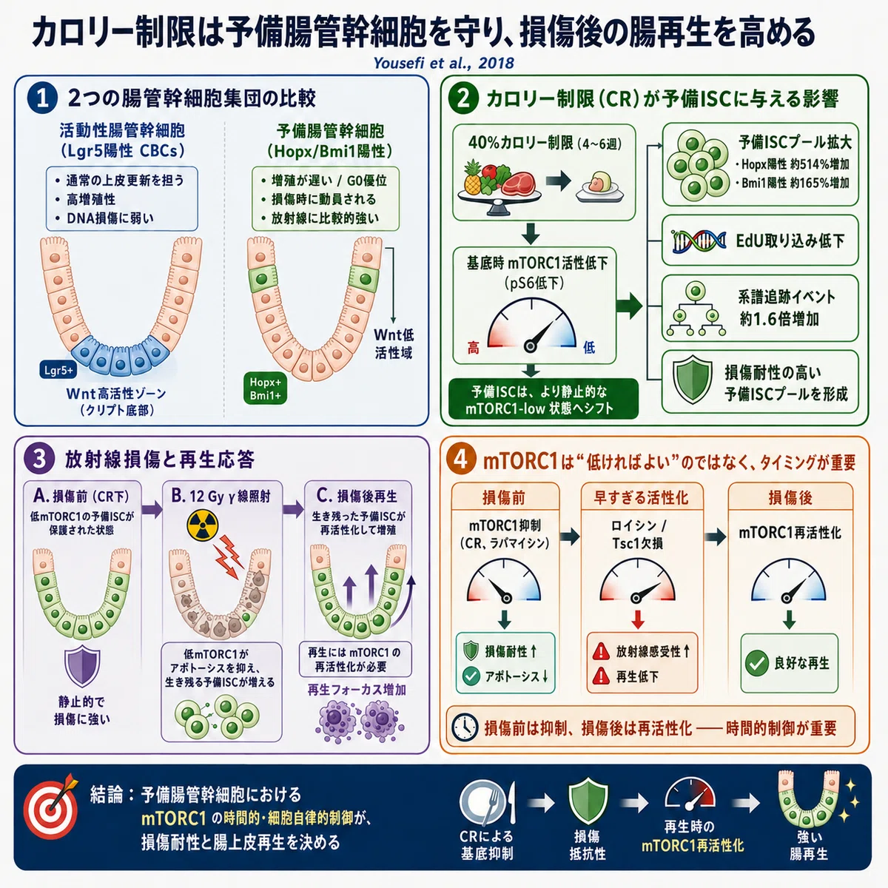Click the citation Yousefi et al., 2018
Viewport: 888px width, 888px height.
tap(443, 63)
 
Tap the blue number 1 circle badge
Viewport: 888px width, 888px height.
tap(42, 98)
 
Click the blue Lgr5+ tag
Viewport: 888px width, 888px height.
tap(58, 369)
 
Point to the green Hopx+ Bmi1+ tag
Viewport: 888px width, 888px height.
tap(265, 388)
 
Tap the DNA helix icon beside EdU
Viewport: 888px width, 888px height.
tap(699, 241)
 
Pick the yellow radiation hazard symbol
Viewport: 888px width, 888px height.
tap(203, 525)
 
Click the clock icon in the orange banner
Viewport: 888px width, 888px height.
tap(465, 727)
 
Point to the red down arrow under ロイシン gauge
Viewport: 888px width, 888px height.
tap(638, 620)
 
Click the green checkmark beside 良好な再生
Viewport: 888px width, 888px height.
tap(757, 664)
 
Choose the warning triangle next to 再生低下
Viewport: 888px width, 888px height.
tap(601, 676)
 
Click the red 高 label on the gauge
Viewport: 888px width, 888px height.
tap(474, 348)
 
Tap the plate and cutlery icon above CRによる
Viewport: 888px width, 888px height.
tap(487, 803)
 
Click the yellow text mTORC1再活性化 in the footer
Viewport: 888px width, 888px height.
tap(693, 846)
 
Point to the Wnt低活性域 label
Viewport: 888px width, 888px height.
tap(394, 344)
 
